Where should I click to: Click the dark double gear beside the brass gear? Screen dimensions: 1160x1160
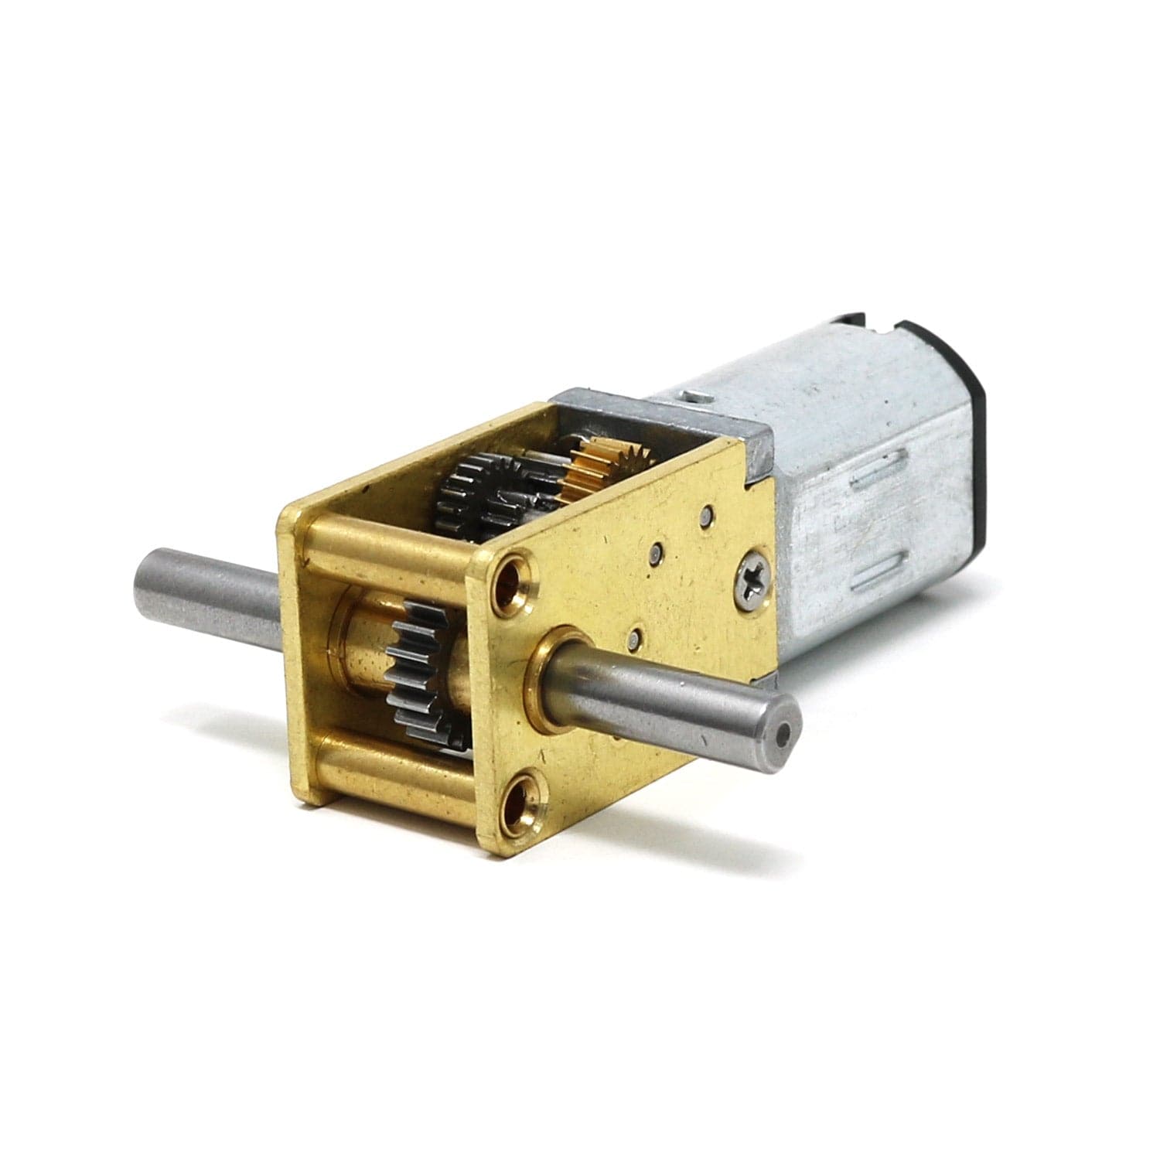472,495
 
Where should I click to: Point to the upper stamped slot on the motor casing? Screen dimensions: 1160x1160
877,472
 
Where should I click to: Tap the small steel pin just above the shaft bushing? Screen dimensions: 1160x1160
634,639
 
